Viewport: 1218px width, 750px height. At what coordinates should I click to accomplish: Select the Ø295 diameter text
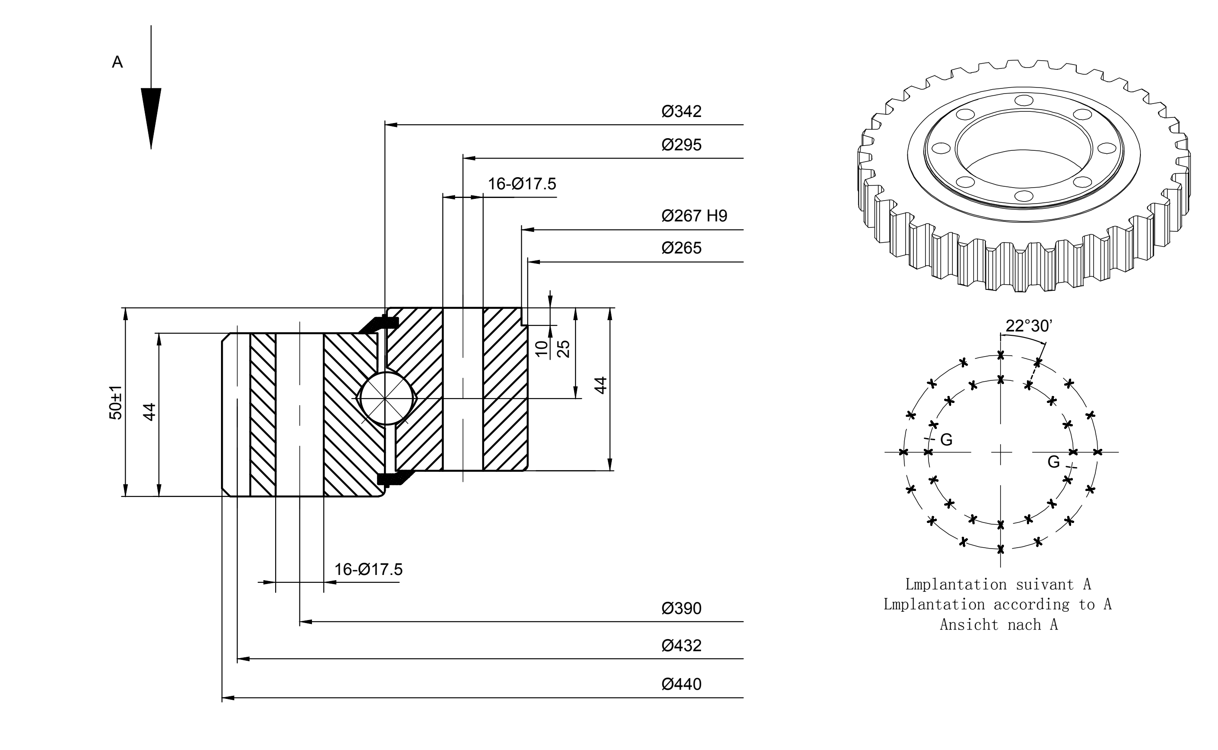coord(682,145)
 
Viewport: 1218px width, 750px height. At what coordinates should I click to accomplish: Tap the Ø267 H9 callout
coord(694,216)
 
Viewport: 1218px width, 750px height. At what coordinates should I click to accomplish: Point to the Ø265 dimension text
coord(682,248)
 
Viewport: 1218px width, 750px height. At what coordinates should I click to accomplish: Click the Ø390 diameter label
coord(682,608)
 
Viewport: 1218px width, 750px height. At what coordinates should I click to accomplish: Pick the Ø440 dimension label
coord(682,684)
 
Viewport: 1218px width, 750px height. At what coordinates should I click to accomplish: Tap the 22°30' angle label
coord(1029,326)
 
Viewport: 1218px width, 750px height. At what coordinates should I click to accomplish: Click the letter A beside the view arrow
coord(117,62)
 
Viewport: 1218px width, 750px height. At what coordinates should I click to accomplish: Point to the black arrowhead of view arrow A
coord(151,119)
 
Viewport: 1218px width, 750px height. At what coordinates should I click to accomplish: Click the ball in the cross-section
coord(385,399)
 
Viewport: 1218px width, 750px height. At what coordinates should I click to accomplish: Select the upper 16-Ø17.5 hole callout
coord(522,184)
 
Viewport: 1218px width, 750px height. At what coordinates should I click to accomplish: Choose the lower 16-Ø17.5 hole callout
coord(368,569)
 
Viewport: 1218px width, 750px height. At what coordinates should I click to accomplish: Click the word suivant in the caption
coord(1045,584)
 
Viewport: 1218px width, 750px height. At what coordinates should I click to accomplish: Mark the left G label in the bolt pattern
coord(946,439)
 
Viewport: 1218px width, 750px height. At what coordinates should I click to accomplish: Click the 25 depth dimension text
coord(563,349)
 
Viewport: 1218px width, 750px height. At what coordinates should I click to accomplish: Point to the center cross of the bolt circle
coord(1001,452)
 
